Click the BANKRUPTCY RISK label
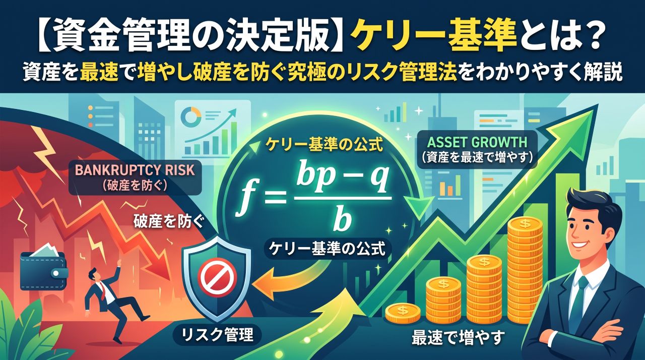click(x=135, y=170)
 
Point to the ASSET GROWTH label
click(x=477, y=142)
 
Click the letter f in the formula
click(x=245, y=198)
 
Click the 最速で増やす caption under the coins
click(x=459, y=337)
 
